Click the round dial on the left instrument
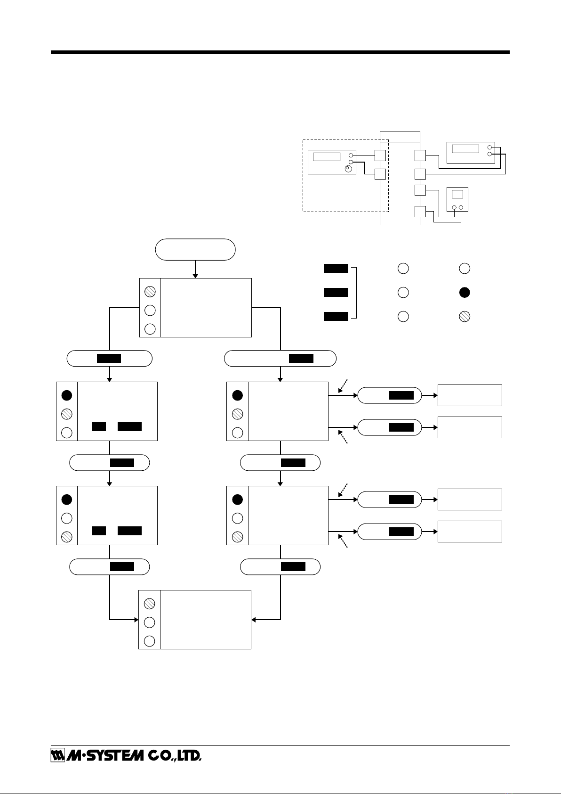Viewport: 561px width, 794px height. coord(349,169)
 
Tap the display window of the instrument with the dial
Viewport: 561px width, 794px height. coord(327,156)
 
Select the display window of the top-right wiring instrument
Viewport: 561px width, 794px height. coord(465,148)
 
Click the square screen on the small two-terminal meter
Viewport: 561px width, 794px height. coord(457,194)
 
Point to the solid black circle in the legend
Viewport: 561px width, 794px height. coord(465,293)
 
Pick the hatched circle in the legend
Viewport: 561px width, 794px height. coord(465,317)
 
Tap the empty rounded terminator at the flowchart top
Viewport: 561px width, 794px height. coord(195,250)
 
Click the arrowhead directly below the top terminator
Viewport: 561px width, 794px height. coord(195,276)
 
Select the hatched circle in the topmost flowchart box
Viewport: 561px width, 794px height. coord(150,291)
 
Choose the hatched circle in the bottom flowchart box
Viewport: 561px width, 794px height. coord(149,604)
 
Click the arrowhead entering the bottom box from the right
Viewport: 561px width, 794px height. coord(254,620)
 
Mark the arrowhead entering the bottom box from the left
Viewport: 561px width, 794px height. coord(136,620)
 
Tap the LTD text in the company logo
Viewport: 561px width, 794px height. coord(189,756)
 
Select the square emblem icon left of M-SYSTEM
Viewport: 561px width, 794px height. coord(57,756)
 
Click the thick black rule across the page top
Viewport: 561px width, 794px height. coord(280,52)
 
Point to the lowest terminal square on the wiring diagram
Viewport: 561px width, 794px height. coord(420,212)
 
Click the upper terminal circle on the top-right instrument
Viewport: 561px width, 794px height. coord(489,147)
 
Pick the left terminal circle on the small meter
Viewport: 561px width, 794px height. coord(455,207)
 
